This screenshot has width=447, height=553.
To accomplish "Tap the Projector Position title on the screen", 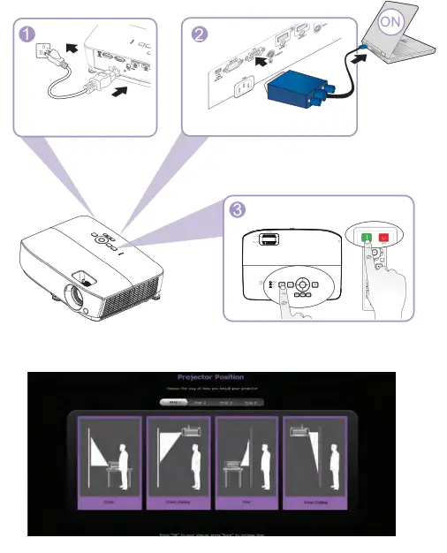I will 210,376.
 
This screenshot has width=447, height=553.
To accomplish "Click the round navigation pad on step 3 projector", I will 302,285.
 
